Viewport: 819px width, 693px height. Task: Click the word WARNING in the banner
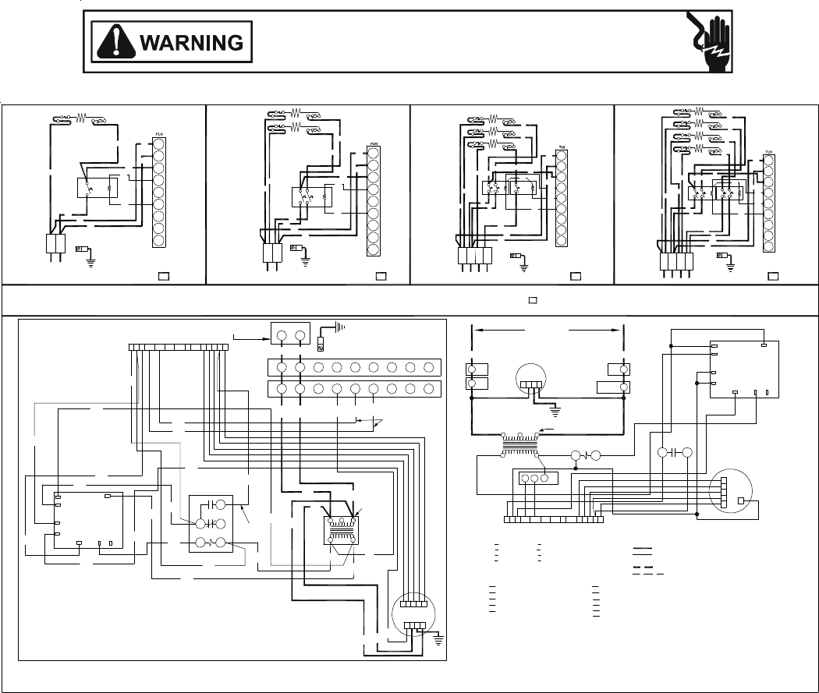(191, 42)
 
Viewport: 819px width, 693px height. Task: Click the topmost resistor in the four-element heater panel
(699, 111)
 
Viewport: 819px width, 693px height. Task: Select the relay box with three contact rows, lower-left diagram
(211, 524)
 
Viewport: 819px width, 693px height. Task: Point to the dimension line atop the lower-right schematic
(548, 331)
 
